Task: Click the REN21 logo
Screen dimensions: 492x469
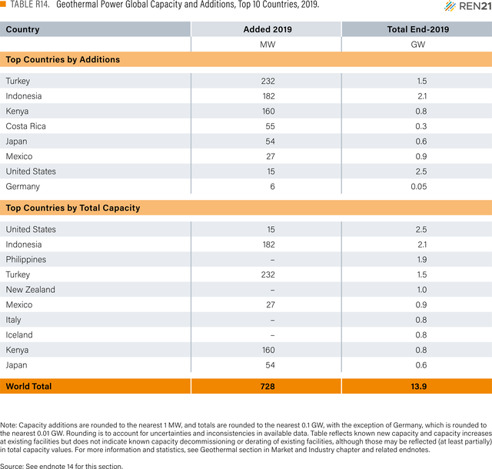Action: pyautogui.click(x=468, y=6)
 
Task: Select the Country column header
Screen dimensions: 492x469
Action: pyautogui.click(x=22, y=29)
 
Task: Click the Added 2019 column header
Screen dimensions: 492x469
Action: pyautogui.click(x=268, y=29)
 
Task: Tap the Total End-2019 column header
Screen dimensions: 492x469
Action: pyautogui.click(x=418, y=29)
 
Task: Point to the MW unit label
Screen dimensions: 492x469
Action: pyautogui.click(x=268, y=45)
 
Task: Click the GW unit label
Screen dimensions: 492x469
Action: pyautogui.click(x=418, y=45)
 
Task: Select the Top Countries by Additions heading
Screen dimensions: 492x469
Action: pyautogui.click(x=63, y=59)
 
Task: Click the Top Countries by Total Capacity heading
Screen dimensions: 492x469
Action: pyautogui.click(x=73, y=208)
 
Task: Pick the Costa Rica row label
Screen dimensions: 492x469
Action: pyautogui.click(x=25, y=126)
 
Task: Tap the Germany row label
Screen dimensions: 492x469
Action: pyautogui.click(x=22, y=187)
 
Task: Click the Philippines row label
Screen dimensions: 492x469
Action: pyautogui.click(x=25, y=260)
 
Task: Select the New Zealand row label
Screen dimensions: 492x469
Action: pyautogui.click(x=31, y=289)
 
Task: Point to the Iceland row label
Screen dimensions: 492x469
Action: pyautogui.click(x=18, y=335)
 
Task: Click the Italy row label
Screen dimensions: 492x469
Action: pyautogui.click(x=13, y=320)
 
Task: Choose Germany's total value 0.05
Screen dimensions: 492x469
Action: pyautogui.click(x=419, y=187)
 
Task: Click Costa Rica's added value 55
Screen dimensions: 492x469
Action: pyautogui.click(x=270, y=126)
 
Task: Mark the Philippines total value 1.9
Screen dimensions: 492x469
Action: pyautogui.click(x=422, y=260)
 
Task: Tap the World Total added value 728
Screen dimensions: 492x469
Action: pyautogui.click(x=268, y=387)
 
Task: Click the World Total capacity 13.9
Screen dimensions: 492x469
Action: pyautogui.click(x=418, y=387)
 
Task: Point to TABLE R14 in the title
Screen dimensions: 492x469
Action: pyautogui.click(x=30, y=5)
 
